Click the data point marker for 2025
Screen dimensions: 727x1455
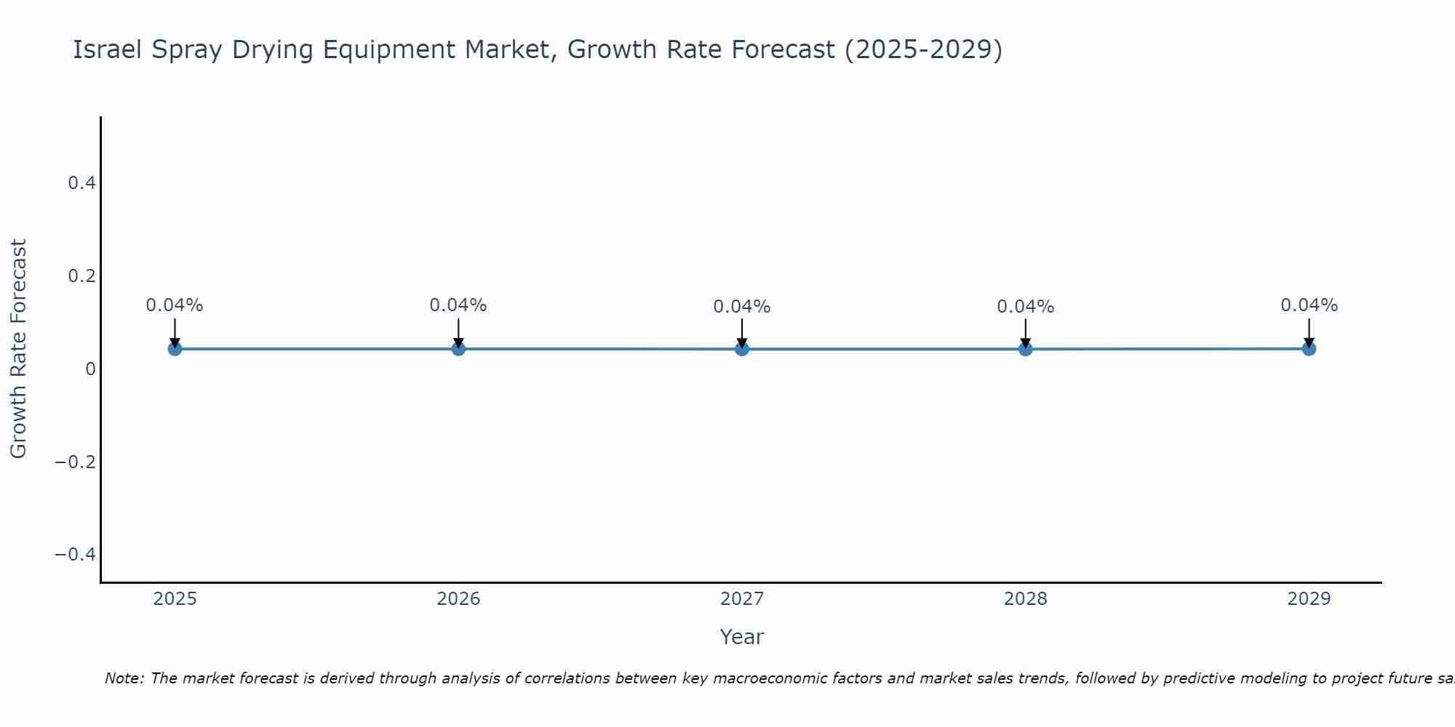tap(175, 349)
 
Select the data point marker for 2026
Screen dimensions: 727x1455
tap(458, 349)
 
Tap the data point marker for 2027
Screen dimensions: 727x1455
tap(742, 349)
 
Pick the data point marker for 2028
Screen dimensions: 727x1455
tap(1026, 349)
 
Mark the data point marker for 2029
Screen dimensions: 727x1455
tap(1309, 349)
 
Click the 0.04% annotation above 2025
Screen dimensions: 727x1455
tap(175, 305)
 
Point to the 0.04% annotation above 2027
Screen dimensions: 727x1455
tap(742, 307)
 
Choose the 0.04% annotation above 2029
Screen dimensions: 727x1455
tap(1309, 305)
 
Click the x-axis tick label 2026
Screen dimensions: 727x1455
tap(458, 599)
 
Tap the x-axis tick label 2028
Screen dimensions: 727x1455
tap(1026, 599)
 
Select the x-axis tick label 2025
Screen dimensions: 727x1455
tap(175, 599)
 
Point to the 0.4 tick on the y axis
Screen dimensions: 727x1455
tap(82, 183)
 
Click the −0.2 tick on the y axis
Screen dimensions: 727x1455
tap(76, 462)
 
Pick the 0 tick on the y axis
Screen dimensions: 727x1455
tap(90, 369)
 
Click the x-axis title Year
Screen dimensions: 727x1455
tap(741, 638)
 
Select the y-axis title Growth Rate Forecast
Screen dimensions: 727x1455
tap(19, 349)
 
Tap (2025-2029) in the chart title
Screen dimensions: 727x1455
tap(923, 50)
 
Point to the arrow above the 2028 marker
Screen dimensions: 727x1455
tap(1026, 332)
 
